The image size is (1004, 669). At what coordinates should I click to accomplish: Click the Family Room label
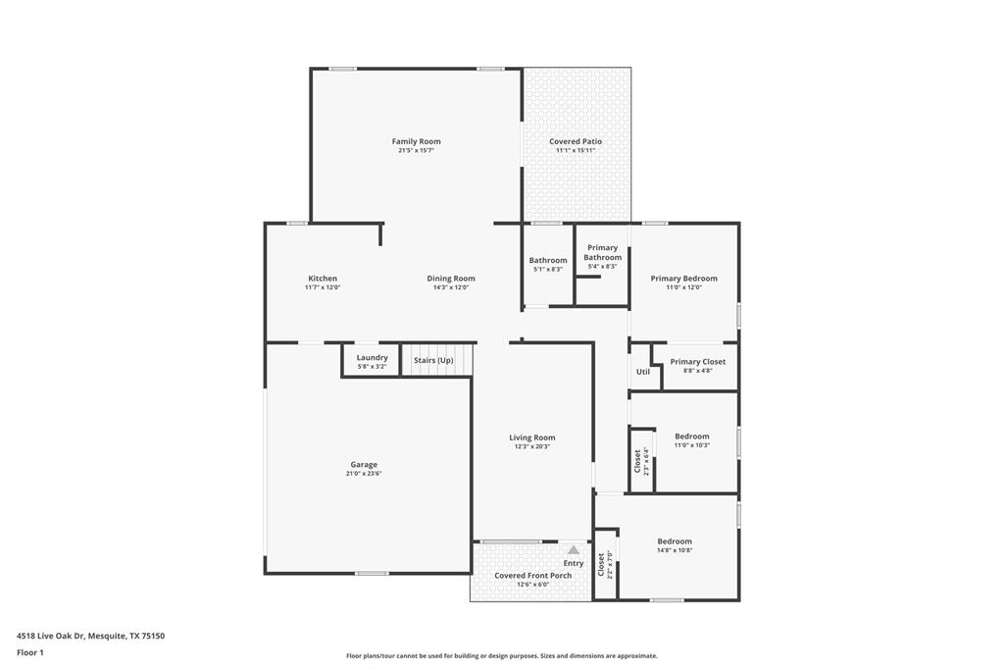point(416,141)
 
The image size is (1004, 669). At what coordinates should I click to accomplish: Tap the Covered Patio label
point(576,141)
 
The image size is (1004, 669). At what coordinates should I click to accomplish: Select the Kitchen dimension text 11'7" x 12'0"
point(323,287)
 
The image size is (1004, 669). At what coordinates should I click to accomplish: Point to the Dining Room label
point(451,279)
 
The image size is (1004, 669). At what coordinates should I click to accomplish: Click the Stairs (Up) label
point(433,360)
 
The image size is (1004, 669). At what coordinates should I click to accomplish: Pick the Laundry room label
point(372,357)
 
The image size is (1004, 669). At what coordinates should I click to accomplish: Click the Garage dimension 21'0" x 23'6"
point(364,474)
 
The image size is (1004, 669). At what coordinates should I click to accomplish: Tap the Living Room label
point(531,437)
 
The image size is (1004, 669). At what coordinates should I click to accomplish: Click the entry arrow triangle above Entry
point(574,550)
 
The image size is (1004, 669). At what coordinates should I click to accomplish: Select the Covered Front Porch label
point(532,576)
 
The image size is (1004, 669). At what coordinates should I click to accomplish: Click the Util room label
point(643,372)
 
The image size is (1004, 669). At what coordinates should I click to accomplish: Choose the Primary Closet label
point(698,362)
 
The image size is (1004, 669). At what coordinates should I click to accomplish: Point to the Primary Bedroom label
point(683,279)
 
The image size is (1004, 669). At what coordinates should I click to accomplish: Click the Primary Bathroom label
point(602,252)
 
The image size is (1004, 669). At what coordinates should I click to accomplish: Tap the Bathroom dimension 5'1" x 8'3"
point(548,270)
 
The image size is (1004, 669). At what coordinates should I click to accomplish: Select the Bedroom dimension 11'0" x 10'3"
point(691,445)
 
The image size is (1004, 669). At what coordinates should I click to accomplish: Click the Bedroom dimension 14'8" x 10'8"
point(674,550)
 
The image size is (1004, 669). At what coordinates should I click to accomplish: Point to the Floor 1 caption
point(30,652)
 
